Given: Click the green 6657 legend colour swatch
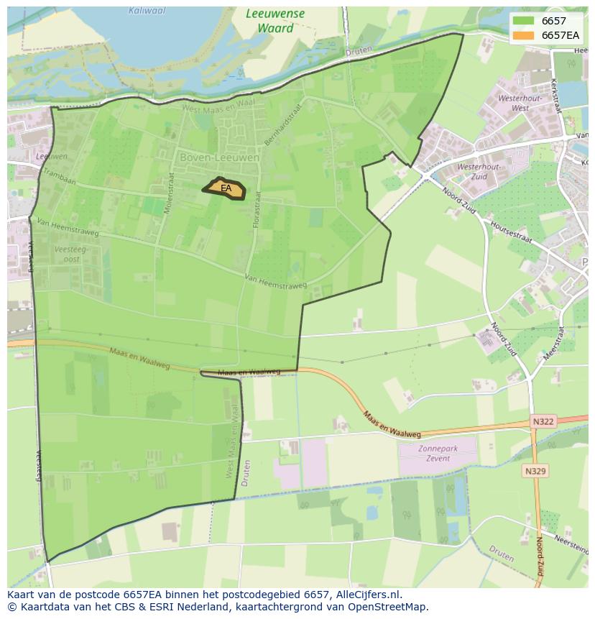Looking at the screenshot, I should tap(524, 22).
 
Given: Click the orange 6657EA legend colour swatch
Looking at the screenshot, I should tap(524, 35).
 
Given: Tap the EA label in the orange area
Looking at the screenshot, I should tap(226, 188).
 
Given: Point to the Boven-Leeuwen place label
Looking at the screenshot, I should tap(210, 157).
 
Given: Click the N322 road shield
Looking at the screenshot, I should tap(543, 421).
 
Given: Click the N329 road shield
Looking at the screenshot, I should tap(535, 471).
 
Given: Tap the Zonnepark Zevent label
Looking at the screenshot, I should tap(438, 453).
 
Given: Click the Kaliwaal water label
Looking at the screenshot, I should tap(147, 11).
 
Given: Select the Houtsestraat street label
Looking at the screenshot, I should tap(511, 231).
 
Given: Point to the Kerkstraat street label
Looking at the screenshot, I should tap(554, 95).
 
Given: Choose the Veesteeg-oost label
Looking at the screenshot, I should tap(67, 254).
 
